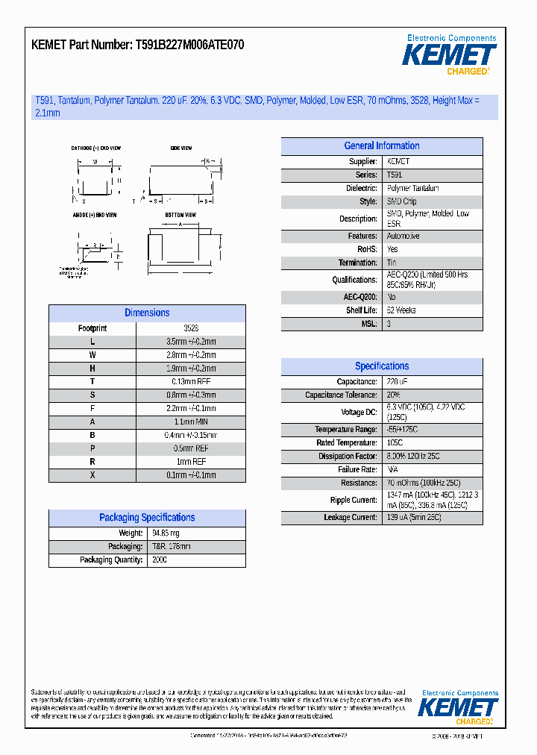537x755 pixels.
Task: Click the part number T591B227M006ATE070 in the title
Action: pos(189,46)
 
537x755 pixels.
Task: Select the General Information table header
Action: pos(381,146)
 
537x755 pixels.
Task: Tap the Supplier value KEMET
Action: pos(398,161)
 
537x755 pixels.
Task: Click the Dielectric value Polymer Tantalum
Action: pos(412,189)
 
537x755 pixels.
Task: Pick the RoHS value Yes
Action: pos(392,249)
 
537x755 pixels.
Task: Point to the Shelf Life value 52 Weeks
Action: pos(401,310)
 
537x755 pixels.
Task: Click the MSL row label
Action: pos(369,324)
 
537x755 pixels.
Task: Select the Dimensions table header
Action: pos(147,313)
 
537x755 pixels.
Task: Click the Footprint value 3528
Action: pos(191,328)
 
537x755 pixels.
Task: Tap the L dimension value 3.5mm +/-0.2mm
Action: pos(191,342)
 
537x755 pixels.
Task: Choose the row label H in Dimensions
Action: pos(92,369)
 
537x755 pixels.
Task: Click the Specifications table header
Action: pos(381,366)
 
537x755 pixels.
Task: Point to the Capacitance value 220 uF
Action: pos(398,382)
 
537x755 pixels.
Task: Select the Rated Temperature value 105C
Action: pos(395,443)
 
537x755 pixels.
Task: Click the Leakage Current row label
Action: pos(350,518)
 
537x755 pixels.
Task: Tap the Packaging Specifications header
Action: pos(147,518)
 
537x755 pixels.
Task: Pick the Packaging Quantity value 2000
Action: pos(160,560)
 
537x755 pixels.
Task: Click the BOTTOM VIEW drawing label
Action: pos(180,215)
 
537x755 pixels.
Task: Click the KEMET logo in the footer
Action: pos(458,708)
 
